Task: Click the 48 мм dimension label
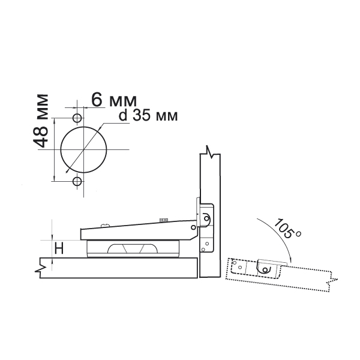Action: pos(41,121)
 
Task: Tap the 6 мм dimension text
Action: pos(114,100)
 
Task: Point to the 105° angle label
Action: pos(287,229)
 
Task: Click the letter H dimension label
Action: pos(59,248)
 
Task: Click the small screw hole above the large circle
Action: pos(77,118)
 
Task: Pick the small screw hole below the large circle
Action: pos(77,181)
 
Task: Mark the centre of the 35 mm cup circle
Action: pos(83,149)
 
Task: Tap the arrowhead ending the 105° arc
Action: pos(290,259)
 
